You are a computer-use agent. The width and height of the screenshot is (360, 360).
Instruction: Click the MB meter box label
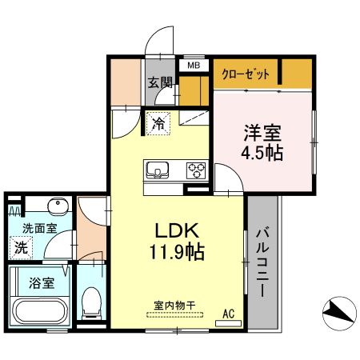click(x=194, y=66)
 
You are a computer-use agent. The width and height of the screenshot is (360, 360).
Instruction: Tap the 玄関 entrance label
click(x=160, y=82)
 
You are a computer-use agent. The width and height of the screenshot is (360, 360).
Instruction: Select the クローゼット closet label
click(x=246, y=74)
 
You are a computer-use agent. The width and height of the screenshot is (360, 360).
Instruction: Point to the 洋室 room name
click(x=262, y=133)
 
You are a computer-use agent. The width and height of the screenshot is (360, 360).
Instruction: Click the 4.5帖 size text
click(x=262, y=153)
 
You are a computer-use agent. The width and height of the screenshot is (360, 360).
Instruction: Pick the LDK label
click(x=177, y=230)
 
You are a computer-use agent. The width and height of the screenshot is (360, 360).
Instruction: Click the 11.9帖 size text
click(x=177, y=251)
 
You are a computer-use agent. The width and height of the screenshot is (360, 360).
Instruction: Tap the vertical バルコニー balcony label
click(x=262, y=262)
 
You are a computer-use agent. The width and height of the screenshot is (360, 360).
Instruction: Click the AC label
click(x=229, y=314)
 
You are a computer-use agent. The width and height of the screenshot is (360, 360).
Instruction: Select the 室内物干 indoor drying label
click(x=174, y=306)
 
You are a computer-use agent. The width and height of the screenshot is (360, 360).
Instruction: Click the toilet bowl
click(x=91, y=303)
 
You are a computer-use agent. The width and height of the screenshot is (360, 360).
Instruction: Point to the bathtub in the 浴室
click(x=40, y=311)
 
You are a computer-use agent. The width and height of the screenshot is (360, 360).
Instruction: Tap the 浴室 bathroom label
click(x=42, y=283)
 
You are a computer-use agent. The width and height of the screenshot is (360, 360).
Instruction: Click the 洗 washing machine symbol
click(x=21, y=248)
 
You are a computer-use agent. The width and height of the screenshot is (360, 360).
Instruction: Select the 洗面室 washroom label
click(x=39, y=228)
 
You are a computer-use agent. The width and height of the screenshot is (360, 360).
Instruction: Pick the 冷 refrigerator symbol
click(x=158, y=123)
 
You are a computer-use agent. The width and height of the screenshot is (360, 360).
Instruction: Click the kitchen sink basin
click(x=157, y=170)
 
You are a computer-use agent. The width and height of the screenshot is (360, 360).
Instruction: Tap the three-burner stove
click(x=197, y=170)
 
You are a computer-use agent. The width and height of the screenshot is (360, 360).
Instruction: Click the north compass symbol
click(x=339, y=314)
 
